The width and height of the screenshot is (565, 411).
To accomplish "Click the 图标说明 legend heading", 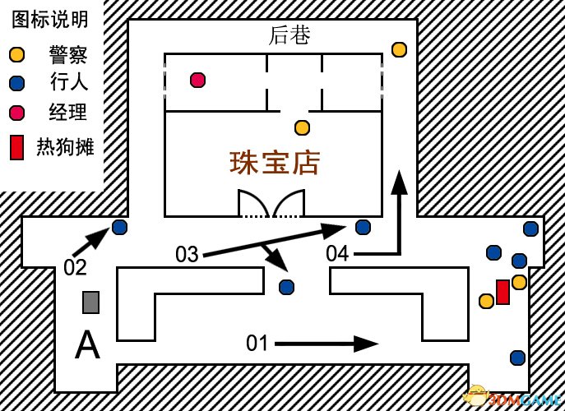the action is (50, 20).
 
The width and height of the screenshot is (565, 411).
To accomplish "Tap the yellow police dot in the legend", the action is (17, 55).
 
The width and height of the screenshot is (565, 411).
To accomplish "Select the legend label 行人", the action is (69, 82).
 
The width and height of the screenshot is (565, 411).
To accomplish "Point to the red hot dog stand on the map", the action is (502, 292).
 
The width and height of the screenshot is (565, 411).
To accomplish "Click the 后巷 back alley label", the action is (289, 35).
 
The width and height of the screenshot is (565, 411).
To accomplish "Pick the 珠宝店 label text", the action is (275, 164).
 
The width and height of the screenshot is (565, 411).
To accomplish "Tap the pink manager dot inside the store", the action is (198, 80).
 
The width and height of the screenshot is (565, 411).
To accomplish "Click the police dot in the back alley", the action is (399, 49).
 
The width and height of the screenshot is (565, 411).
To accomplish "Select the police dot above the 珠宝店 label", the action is (302, 127).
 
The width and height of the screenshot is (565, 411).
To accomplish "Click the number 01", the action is (257, 343).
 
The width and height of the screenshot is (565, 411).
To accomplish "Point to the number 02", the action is (75, 268).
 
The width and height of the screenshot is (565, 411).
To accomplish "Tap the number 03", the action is (187, 254).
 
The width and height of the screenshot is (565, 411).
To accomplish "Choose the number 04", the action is (338, 253).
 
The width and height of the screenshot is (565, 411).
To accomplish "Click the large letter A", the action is (87, 344).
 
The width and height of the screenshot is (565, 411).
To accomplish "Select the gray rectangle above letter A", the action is (90, 302).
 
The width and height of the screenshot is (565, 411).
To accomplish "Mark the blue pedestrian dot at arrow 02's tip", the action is (119, 228).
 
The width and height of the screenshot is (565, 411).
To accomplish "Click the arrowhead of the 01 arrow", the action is (366, 344).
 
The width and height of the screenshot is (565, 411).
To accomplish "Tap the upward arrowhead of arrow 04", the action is (399, 182).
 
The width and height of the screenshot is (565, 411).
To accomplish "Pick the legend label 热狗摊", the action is (65, 147).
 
